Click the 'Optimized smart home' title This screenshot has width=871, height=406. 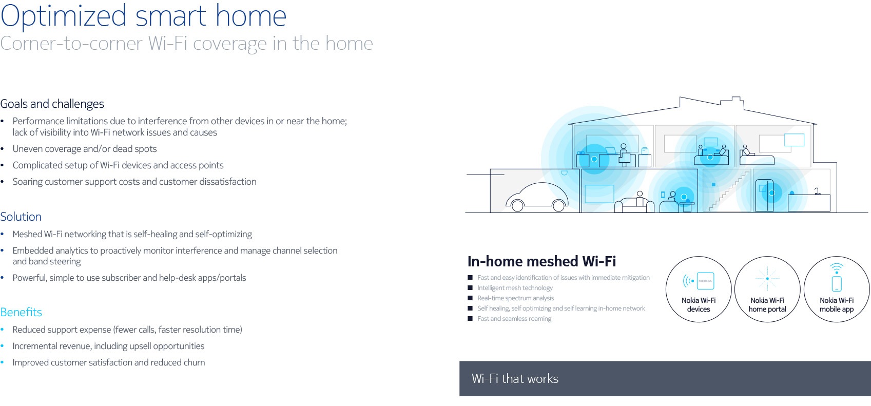click(x=143, y=16)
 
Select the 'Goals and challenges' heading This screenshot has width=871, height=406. click(x=52, y=104)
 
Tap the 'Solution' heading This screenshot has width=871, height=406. click(x=21, y=217)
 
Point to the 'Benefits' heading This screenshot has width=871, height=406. click(x=21, y=312)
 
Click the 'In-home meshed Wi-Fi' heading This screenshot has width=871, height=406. click(x=541, y=261)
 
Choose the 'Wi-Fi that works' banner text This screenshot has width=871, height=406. click(x=515, y=378)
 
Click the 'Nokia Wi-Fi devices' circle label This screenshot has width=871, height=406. click(x=699, y=305)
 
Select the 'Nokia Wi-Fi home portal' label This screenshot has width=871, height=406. click(x=767, y=305)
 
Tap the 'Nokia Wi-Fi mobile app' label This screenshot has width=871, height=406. click(x=837, y=305)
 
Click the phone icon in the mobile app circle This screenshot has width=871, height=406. click(x=837, y=283)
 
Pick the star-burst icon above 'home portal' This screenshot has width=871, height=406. click(x=767, y=278)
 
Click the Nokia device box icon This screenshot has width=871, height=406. click(x=705, y=281)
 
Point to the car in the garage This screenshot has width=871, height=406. click(x=537, y=198)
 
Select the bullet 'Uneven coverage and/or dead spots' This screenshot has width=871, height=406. click(x=84, y=149)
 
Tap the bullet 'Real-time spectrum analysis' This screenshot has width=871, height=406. click(x=516, y=298)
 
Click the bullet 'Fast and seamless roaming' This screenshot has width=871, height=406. click(x=514, y=319)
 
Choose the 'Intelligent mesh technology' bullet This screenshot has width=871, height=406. click(x=515, y=288)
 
